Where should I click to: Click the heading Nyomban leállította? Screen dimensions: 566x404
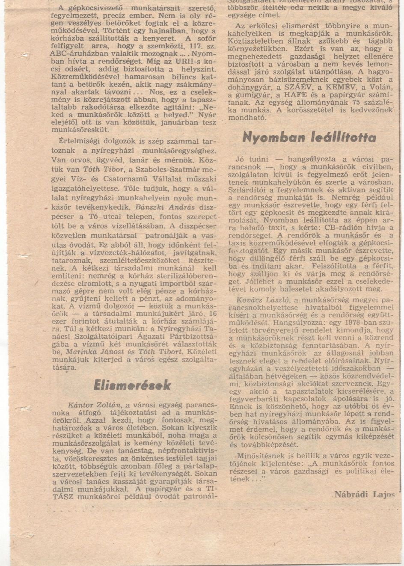pyautogui.click(x=309, y=137)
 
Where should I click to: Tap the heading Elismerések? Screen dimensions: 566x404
pyautogui.click(x=132, y=385)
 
